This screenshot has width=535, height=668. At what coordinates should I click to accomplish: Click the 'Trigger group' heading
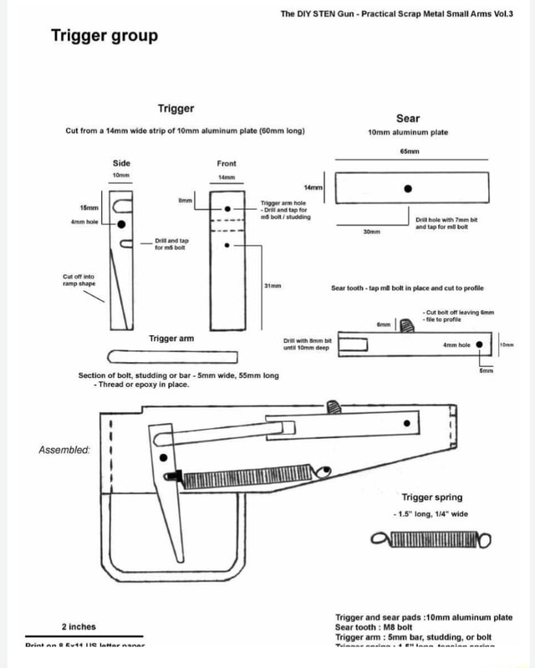pyautogui.click(x=104, y=35)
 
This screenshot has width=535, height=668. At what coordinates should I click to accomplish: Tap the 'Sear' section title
pyautogui.click(x=408, y=118)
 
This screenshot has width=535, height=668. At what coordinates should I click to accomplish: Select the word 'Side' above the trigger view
pyautogui.click(x=121, y=163)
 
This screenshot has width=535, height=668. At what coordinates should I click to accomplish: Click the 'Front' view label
pyautogui.click(x=227, y=163)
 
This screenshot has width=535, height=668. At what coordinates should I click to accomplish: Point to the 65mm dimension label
pyautogui.click(x=410, y=152)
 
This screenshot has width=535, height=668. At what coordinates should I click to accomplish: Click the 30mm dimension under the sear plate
pyautogui.click(x=372, y=232)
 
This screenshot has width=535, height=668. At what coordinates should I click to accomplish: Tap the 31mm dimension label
pyautogui.click(x=273, y=285)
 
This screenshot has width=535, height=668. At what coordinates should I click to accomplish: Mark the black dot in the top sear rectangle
pyautogui.click(x=407, y=188)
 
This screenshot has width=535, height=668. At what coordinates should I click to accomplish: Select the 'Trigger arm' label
pyautogui.click(x=171, y=339)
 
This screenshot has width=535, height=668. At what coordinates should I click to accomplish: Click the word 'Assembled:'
pyautogui.click(x=63, y=449)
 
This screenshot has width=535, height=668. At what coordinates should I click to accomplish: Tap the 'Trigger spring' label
pyautogui.click(x=431, y=497)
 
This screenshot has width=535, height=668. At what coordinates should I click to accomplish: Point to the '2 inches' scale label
pyautogui.click(x=79, y=626)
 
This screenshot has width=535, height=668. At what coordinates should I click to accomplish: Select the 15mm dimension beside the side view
pyautogui.click(x=89, y=207)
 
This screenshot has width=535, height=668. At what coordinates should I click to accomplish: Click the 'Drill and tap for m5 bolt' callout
pyautogui.click(x=171, y=243)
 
